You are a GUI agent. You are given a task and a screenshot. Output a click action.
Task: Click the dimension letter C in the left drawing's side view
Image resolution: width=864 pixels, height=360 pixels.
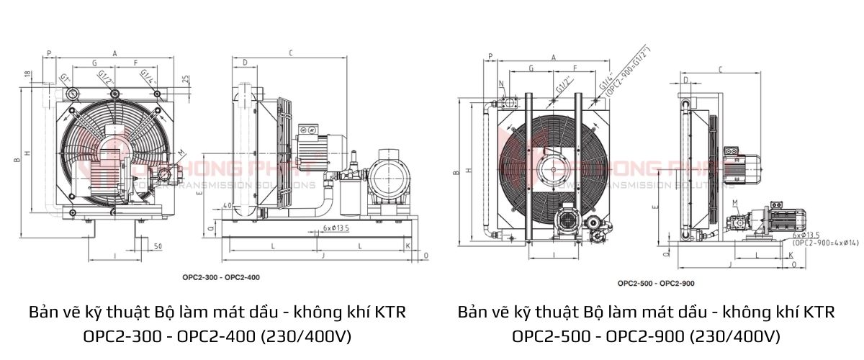pos(290,53)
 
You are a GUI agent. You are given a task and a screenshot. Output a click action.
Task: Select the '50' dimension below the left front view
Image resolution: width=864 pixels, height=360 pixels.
pos(156,247)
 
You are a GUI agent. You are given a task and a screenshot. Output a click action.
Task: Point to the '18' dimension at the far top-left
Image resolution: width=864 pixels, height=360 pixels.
pos(27,74)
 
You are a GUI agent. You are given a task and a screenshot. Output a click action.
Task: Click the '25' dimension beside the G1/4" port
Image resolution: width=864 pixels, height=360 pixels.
pos(186,78)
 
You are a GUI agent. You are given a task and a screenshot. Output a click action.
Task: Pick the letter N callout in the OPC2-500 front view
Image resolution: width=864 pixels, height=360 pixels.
pos(502,84)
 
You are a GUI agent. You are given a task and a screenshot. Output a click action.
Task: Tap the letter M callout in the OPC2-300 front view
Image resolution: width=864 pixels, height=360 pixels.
pos(180,153)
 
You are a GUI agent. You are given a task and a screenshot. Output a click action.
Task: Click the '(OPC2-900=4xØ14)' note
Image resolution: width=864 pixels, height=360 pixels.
pos(825,243)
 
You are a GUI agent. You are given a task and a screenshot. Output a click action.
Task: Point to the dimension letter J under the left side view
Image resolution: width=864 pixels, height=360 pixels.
pos(323,255)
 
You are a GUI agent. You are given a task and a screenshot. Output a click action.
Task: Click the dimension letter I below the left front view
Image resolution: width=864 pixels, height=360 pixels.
pos(114,256)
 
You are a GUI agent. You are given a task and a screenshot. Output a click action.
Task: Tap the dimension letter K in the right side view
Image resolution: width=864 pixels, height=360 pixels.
pos(793,256)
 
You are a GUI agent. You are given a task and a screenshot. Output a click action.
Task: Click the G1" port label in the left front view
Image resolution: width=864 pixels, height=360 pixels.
pos(65,77)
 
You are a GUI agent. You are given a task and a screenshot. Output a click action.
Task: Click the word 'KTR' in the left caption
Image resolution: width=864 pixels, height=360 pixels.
pos(389,313)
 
